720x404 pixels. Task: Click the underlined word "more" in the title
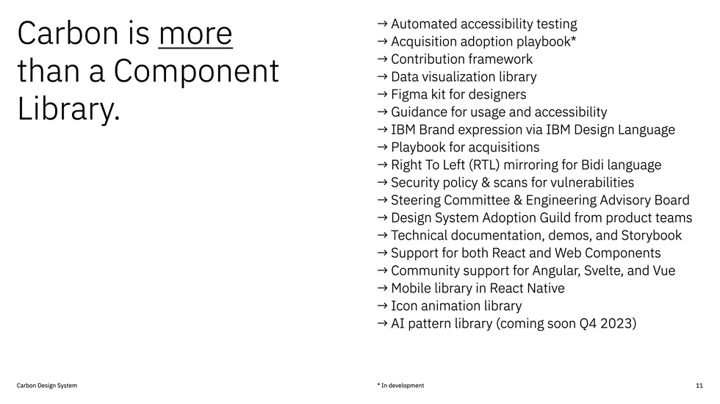(195, 34)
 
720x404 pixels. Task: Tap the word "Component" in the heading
(196, 71)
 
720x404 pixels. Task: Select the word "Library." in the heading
(68, 109)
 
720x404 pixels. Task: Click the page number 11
(699, 386)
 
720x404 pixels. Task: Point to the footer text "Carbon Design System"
(47, 386)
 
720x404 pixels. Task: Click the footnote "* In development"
(400, 386)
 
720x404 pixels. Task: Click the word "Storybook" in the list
(652, 236)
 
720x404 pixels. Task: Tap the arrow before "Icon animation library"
(382, 306)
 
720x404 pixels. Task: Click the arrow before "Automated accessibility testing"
(382, 24)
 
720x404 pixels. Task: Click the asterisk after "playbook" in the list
(573, 40)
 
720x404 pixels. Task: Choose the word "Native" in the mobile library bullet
(544, 289)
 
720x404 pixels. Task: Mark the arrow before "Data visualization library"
(382, 76)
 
